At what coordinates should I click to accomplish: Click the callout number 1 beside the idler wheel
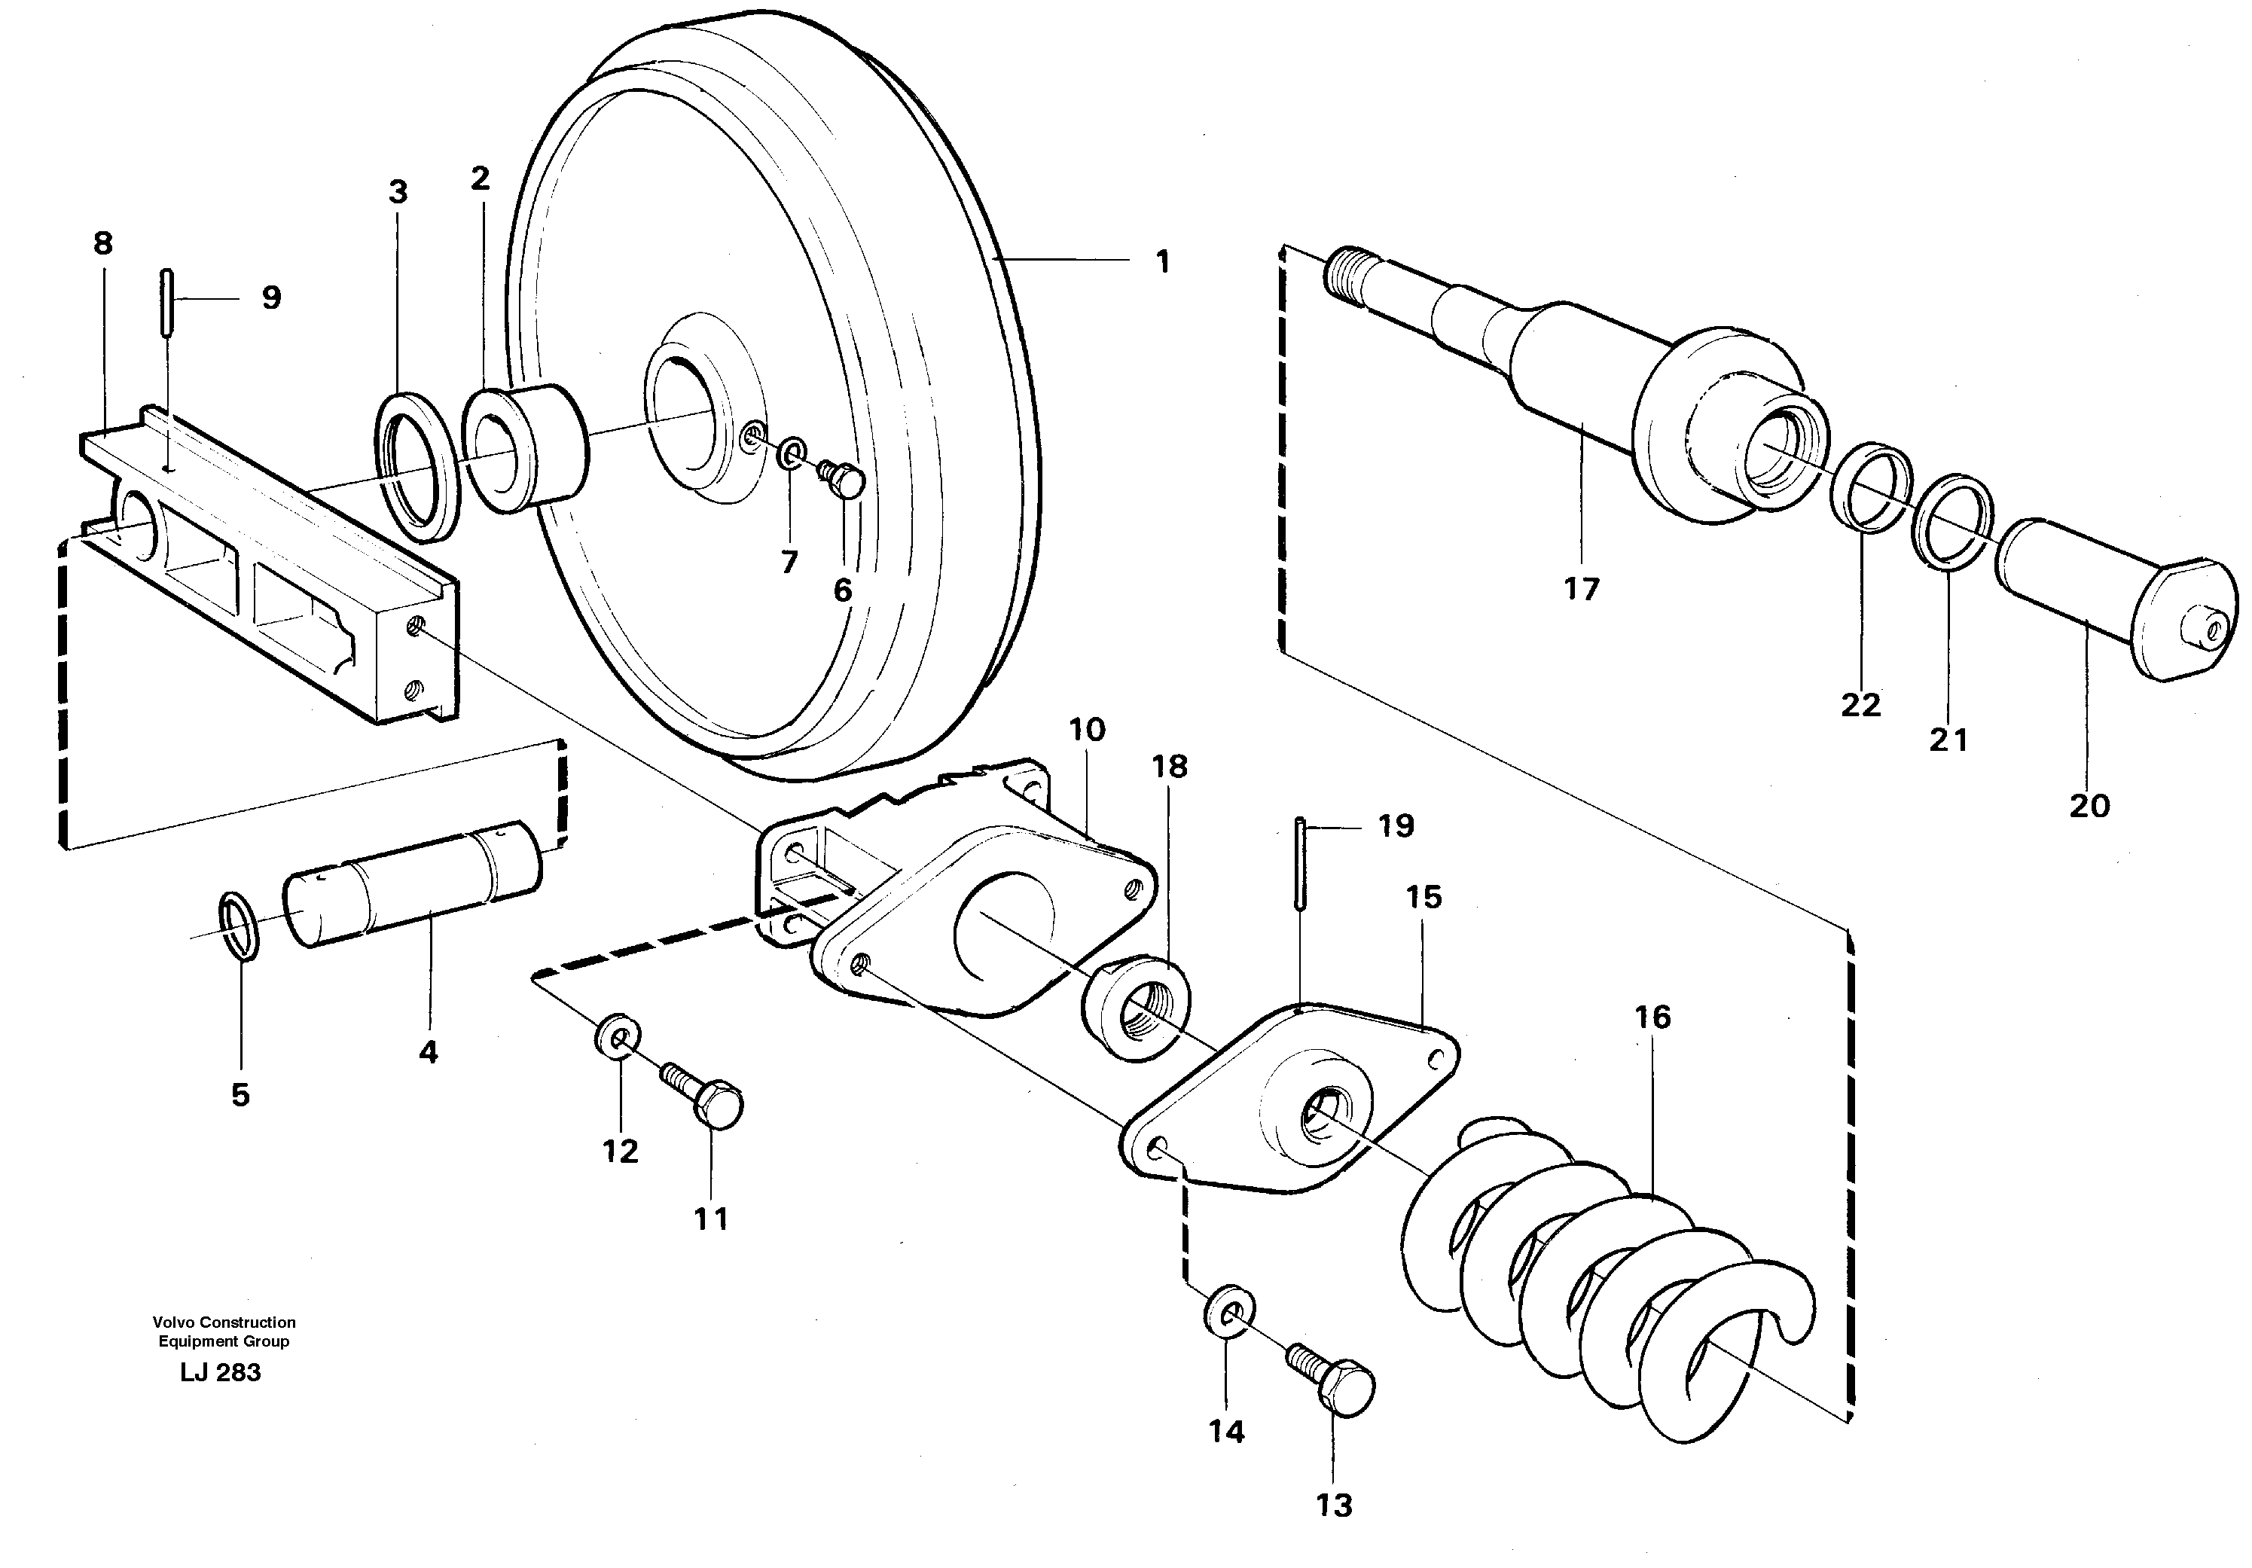pos(1162,262)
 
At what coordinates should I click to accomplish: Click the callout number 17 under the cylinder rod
pos(1581,590)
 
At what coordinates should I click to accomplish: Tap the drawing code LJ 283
pos(221,1373)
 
